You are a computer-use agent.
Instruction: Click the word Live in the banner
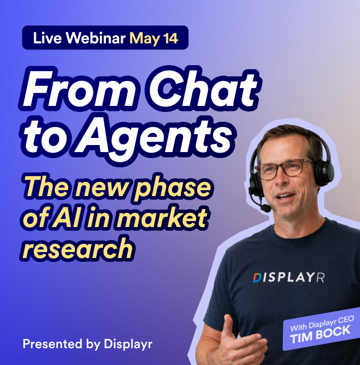pos(45,39)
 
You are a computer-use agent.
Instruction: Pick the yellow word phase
pos(170,187)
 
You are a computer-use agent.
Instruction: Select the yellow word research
pos(79,249)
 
